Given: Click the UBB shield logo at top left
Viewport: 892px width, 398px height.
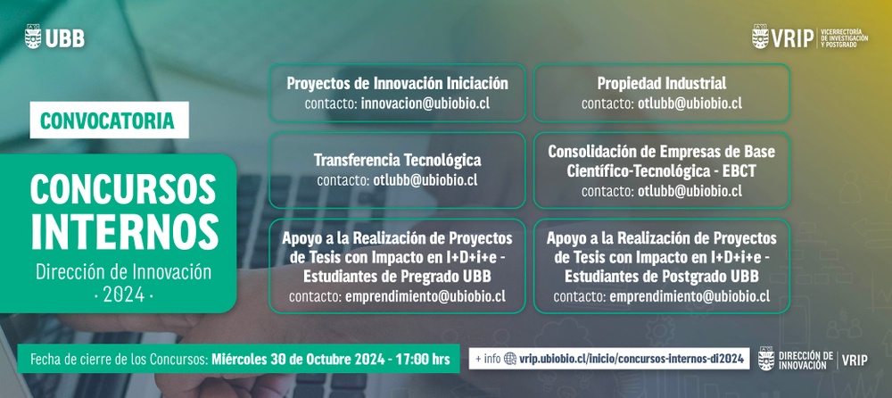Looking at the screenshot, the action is pyautogui.click(x=33, y=37).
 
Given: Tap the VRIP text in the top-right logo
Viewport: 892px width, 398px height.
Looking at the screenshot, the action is pyautogui.click(x=792, y=38).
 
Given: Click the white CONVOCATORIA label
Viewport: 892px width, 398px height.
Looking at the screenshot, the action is pyautogui.click(x=109, y=120).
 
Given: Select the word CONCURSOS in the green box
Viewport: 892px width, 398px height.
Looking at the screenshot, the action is pyautogui.click(x=123, y=189).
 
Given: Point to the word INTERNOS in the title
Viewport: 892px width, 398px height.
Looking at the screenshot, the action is pyautogui.click(x=125, y=232).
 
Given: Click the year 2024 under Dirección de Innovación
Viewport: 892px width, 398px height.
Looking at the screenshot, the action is pyautogui.click(x=123, y=295).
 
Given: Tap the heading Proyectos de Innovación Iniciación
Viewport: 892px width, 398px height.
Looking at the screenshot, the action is pyautogui.click(x=397, y=83).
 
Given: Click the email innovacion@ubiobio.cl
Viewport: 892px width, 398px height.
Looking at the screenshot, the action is pyautogui.click(x=425, y=104).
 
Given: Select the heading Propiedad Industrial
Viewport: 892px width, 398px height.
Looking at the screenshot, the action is pyautogui.click(x=662, y=83).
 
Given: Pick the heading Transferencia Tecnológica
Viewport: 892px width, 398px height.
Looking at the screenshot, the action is pyautogui.click(x=397, y=160).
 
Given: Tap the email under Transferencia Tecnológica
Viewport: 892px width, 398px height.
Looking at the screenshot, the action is pyautogui.click(x=425, y=180).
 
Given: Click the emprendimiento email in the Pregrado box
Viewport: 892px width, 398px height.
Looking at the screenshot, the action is pyautogui.click(x=425, y=296).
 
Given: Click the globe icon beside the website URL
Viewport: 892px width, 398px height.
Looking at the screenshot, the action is pyautogui.click(x=510, y=359).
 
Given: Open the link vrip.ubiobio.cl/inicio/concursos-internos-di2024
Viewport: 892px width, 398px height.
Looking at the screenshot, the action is pyautogui.click(x=632, y=359).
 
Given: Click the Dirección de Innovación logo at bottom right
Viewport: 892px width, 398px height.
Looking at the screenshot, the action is pyautogui.click(x=813, y=360).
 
